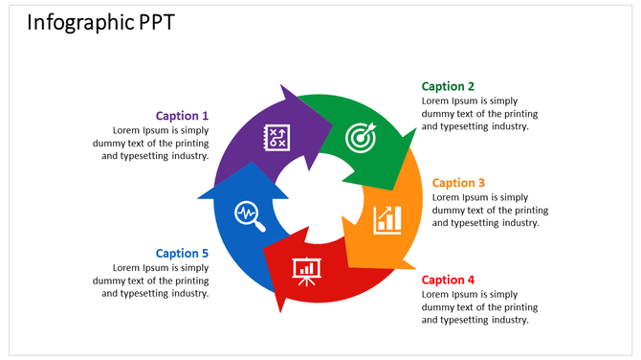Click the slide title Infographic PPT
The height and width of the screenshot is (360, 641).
[100, 22]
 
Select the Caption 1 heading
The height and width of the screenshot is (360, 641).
[182, 116]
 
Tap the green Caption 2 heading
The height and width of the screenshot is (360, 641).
[448, 86]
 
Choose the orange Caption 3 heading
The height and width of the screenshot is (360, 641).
[458, 183]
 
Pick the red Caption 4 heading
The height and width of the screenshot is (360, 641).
[448, 280]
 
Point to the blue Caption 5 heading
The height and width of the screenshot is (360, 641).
[182, 253]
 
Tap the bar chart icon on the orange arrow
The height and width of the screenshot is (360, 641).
[387, 218]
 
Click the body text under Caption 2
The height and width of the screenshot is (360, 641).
[475, 113]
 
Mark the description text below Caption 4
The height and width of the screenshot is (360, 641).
[475, 306]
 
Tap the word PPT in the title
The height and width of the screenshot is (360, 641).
[153, 22]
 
